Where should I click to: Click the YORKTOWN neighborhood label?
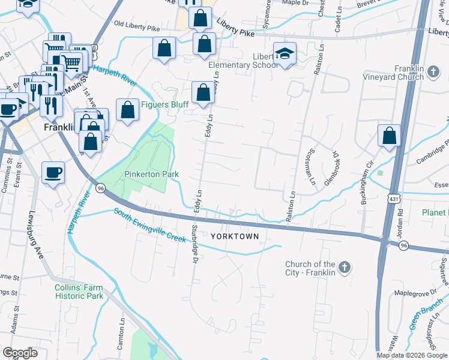[x=235, y=236]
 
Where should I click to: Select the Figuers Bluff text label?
[x=164, y=104]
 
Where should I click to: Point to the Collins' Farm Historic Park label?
[x=79, y=292]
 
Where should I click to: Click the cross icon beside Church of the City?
[x=345, y=268]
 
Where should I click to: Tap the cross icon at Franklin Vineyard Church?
[x=434, y=73]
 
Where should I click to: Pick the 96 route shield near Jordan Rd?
[x=404, y=245]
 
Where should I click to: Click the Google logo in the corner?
[x=20, y=353]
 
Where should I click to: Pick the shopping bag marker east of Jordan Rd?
[x=390, y=136]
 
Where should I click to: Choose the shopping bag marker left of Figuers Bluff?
[x=127, y=110]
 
